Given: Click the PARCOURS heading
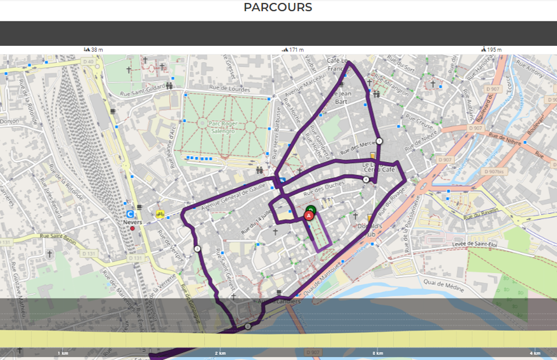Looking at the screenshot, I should coord(278,8).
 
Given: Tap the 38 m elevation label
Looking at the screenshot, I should coord(94,50).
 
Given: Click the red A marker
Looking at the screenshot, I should coord(309,215).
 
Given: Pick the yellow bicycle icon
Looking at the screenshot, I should coord(160,214).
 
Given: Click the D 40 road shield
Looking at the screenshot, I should coord(88,62).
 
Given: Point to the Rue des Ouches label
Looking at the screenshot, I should coord(324,188).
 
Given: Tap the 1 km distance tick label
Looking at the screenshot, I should coord(63,353).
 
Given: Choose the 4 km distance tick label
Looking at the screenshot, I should coord(535,353).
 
